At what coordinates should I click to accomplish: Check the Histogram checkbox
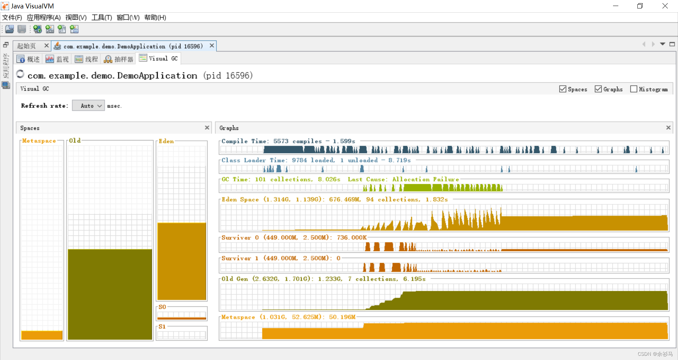point(634,89)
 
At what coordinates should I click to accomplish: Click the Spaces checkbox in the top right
point(563,89)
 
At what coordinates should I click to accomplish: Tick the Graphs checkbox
point(598,89)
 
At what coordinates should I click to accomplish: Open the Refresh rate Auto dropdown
point(88,106)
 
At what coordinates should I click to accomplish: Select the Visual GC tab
point(159,59)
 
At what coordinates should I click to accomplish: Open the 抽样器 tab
point(119,59)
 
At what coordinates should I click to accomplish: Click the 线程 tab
point(87,59)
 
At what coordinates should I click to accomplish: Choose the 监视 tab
point(58,59)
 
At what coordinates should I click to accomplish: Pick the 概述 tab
point(29,59)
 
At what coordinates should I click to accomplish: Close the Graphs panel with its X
point(668,127)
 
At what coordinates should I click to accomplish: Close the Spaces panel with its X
point(207,127)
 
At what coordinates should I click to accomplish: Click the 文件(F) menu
point(12,17)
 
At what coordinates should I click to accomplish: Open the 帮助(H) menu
point(155,17)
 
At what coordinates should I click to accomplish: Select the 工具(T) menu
point(102,17)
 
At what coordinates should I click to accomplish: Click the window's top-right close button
point(665,6)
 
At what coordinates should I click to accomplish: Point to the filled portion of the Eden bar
point(182,261)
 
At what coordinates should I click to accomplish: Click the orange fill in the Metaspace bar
point(42,335)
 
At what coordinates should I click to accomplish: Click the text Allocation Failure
point(426,179)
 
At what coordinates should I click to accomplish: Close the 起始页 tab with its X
point(46,46)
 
